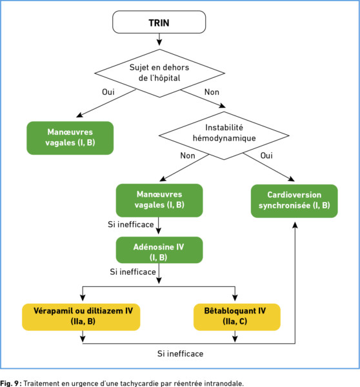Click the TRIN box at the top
[x=159, y=22]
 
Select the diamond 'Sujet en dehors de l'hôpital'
[x=159, y=73]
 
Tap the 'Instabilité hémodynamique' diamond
[x=224, y=135]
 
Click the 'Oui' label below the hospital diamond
[x=108, y=92]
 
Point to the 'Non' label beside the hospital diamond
[x=212, y=92]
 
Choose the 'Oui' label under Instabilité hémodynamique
[x=266, y=155]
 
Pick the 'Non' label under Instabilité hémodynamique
[x=188, y=155]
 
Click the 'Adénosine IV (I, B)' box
[x=159, y=250]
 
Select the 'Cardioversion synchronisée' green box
[x=294, y=201]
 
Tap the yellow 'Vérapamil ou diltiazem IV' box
[x=81, y=317]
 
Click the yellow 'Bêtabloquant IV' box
[x=237, y=317]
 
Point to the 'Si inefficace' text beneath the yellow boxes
[x=180, y=353]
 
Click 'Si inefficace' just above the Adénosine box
[x=130, y=224]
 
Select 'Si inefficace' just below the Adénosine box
[x=133, y=272]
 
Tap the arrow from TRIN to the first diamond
[x=159, y=39]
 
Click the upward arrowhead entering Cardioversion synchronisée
[x=295, y=225]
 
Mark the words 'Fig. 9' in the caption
[x=10, y=383]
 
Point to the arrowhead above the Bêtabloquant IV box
[x=235, y=297]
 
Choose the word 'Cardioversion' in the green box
[x=294, y=195]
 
